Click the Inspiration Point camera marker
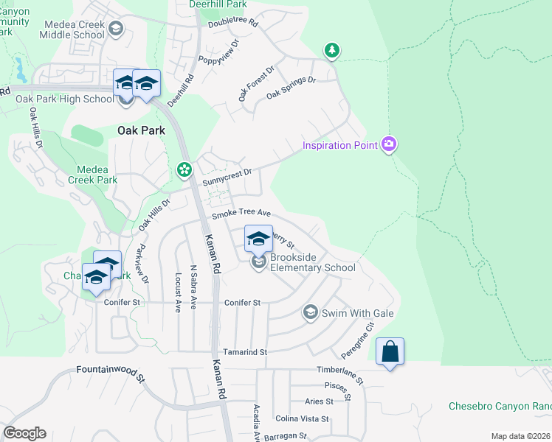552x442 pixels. point(389,145)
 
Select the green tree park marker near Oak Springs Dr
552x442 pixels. point(332,50)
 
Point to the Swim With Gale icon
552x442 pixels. point(311,313)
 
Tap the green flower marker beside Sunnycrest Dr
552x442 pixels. point(183,171)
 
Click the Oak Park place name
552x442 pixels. point(141,130)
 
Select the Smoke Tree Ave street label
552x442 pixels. point(242,214)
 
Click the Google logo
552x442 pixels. point(24,433)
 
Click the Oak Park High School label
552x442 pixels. point(65,99)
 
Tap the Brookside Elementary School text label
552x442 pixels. point(313,262)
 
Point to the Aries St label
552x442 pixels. point(319,401)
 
